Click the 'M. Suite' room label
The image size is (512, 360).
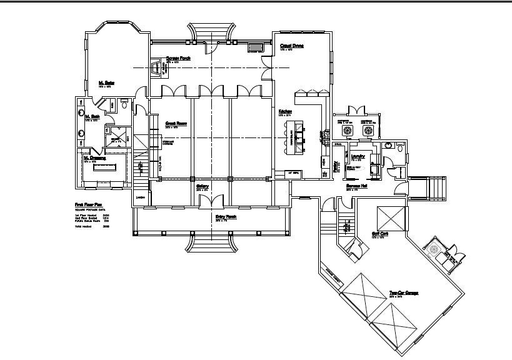point(106,82)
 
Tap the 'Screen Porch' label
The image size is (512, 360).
point(178,58)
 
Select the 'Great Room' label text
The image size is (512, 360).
point(176,123)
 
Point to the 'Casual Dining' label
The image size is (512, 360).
point(291,46)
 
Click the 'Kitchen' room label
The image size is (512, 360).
point(286,111)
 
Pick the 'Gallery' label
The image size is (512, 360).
point(203,186)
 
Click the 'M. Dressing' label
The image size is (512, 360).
point(94,158)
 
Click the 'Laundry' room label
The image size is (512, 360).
point(358,157)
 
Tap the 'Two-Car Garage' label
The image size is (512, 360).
point(403,292)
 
